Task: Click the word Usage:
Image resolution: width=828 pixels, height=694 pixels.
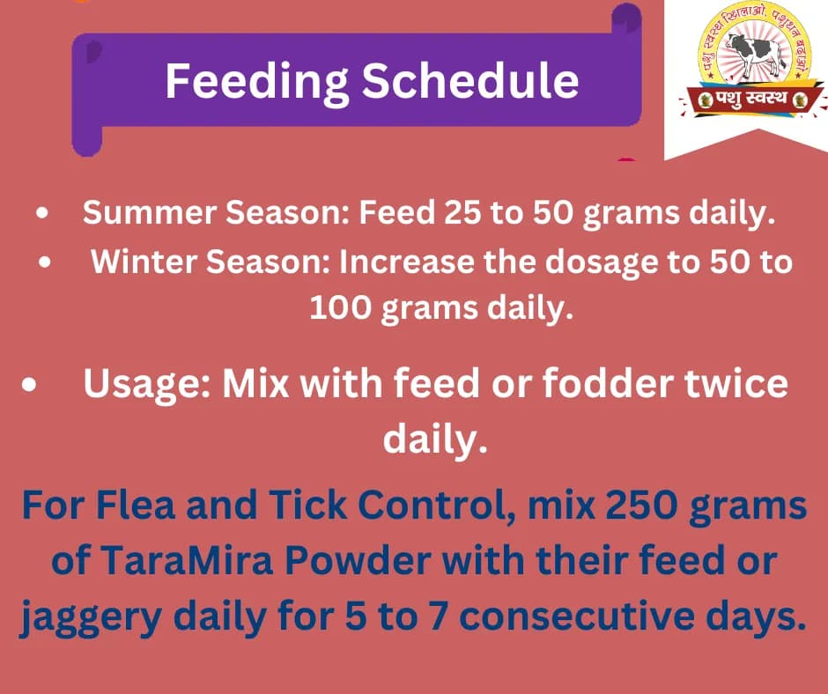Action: (145, 386)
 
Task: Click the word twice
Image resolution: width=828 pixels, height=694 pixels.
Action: (733, 386)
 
